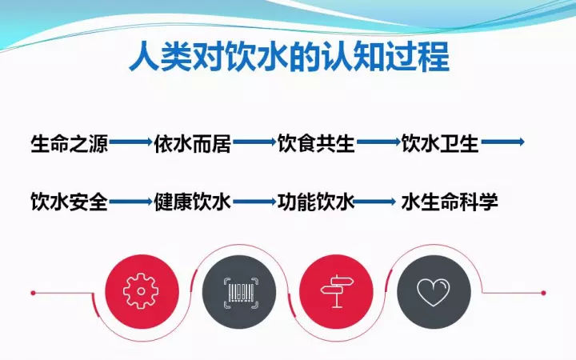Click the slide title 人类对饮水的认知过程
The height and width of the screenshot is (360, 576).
click(x=289, y=58)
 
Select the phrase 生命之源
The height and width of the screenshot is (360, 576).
click(x=70, y=143)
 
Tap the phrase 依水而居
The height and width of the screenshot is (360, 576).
click(x=193, y=143)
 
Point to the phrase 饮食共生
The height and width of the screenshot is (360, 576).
click(x=316, y=143)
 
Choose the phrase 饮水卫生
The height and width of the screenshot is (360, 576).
click(x=440, y=143)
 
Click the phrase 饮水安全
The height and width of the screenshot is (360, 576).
click(x=70, y=202)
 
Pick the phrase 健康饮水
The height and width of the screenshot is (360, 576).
click(x=193, y=202)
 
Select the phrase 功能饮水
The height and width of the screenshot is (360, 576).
click(x=316, y=202)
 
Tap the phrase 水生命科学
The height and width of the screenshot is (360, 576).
click(x=450, y=202)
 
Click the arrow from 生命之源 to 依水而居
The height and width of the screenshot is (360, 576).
click(x=130, y=142)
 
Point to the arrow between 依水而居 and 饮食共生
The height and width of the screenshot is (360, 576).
click(x=254, y=142)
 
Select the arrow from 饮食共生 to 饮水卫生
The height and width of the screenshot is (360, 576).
click(x=378, y=142)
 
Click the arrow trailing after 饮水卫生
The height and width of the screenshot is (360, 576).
click(x=503, y=142)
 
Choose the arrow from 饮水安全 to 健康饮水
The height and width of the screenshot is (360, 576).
click(x=130, y=202)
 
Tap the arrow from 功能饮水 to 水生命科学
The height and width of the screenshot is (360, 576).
click(x=374, y=202)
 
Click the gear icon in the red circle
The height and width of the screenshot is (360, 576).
click(x=141, y=291)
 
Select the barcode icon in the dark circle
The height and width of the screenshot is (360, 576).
click(x=241, y=293)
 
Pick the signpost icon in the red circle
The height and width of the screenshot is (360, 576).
click(x=337, y=292)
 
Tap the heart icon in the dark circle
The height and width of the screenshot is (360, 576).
click(x=434, y=293)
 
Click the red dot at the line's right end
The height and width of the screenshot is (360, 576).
click(x=543, y=293)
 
